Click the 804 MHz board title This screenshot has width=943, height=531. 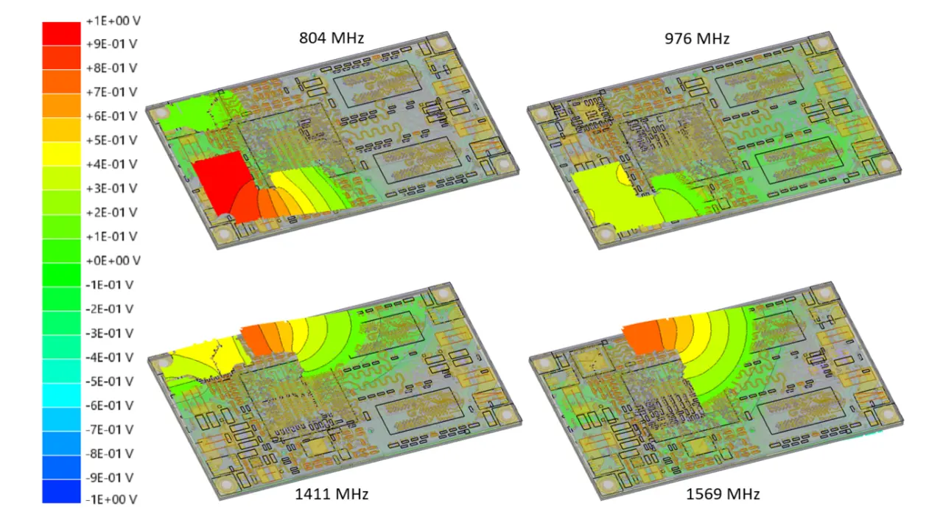click(x=332, y=38)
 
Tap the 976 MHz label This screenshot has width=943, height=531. click(x=697, y=39)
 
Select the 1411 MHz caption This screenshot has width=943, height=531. click(x=332, y=493)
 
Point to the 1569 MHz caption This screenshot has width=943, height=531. click(x=723, y=493)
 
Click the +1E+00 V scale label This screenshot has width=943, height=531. click(x=113, y=21)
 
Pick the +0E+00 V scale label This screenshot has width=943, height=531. click(x=113, y=261)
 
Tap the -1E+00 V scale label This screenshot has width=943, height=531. click(x=111, y=499)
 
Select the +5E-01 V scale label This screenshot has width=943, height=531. click(x=111, y=140)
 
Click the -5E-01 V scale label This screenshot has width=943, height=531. click(x=110, y=381)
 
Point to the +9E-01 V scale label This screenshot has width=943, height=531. click(x=111, y=43)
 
